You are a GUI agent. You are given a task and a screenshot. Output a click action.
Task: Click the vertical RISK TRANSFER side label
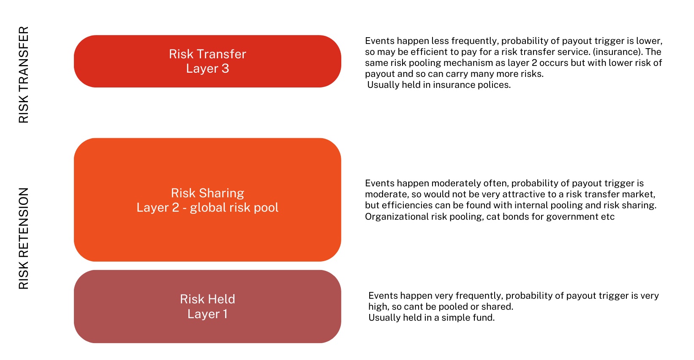tap(24, 75)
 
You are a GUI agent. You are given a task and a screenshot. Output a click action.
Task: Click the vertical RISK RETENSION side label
tap(24, 238)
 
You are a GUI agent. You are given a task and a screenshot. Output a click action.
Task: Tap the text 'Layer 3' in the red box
tap(207, 68)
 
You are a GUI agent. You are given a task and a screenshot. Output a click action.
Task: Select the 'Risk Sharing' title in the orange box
tap(207, 193)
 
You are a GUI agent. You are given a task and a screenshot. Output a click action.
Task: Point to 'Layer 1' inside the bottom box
tap(207, 314)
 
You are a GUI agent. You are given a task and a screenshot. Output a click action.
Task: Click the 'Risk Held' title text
tap(207, 299)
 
